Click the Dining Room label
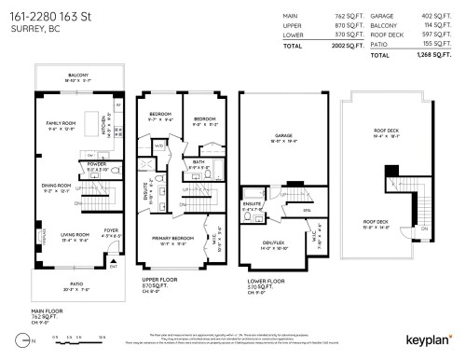[x=59, y=187]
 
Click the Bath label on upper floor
[x=199, y=162]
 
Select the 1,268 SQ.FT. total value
[x=436, y=55]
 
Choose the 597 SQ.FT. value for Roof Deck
[x=437, y=35]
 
